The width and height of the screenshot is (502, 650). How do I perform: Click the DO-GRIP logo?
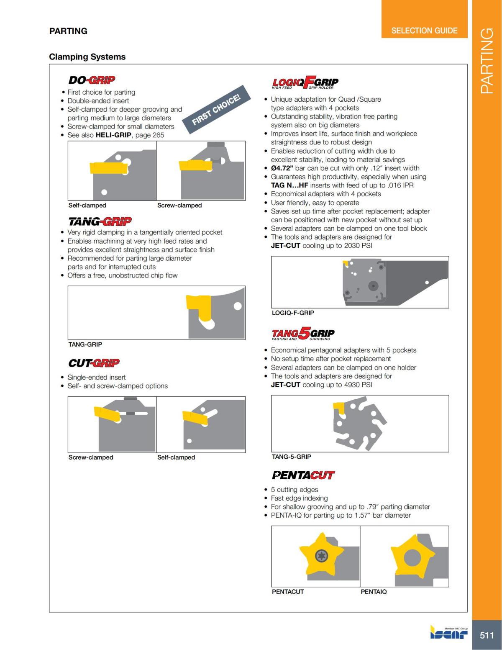coord(92,80)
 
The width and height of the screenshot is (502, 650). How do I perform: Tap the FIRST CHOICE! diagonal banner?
coord(216,110)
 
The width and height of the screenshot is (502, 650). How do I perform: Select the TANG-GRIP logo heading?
coord(100,221)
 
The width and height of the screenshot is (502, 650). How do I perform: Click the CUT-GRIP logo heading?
coord(94,363)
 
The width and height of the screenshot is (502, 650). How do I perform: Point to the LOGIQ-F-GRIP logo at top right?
coord(305,82)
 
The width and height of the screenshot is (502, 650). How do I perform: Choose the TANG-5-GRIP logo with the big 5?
coord(303,334)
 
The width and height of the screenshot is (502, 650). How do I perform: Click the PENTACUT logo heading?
coord(303,475)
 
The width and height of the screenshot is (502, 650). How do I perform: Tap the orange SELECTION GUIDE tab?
coord(424,31)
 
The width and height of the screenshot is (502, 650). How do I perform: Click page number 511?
coord(487,635)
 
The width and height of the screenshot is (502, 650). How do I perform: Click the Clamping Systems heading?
coord(87,57)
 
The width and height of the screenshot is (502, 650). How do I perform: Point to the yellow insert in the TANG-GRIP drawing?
coord(197,306)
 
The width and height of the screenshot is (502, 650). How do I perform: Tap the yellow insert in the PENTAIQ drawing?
coord(409,557)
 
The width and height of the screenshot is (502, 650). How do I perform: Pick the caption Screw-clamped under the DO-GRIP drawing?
coord(179,206)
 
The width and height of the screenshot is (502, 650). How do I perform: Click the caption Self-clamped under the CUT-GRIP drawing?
coord(176,457)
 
